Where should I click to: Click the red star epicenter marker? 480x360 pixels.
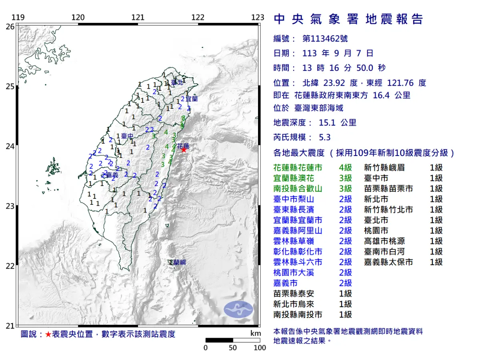coord(184,150)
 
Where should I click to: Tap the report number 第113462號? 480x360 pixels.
coord(325,39)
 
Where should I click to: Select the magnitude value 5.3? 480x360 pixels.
coord(325,138)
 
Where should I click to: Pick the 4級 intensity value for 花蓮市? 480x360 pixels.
coord(345,168)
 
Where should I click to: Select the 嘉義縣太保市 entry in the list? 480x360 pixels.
coord(388,262)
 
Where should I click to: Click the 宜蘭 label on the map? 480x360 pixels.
coord(192,98)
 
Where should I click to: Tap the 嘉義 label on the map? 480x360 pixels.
coord(112,175)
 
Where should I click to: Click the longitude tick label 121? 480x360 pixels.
coord(138,18)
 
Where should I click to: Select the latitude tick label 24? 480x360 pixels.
coord(10,146)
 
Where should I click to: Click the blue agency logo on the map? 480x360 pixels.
coord(238,309)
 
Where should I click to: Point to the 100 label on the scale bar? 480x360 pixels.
coord(260,348)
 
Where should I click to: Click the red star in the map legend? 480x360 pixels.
coord(48,334)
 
